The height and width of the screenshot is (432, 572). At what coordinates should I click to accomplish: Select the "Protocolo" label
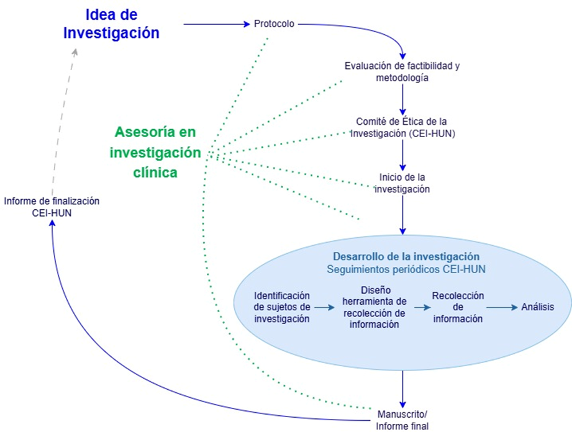(274, 24)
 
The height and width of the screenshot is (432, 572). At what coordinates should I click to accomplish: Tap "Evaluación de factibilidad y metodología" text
(402, 71)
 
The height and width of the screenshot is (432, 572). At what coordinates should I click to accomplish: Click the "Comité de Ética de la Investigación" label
(403, 127)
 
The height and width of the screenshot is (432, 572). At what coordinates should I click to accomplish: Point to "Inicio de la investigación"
(402, 183)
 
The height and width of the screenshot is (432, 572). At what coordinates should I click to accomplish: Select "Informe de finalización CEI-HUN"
(52, 207)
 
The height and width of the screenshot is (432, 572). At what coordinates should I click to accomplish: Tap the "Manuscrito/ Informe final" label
(402, 420)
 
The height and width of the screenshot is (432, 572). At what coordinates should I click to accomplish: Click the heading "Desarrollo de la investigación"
(406, 256)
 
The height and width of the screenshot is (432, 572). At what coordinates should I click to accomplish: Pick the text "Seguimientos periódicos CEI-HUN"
(406, 269)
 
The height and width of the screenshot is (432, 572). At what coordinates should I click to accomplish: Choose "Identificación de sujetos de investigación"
(282, 307)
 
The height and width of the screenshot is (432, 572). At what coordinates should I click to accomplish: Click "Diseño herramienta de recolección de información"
(374, 307)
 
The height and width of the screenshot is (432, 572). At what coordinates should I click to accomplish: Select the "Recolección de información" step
(458, 307)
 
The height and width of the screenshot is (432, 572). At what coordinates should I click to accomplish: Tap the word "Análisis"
(538, 307)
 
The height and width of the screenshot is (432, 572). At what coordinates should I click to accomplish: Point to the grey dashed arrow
(65, 118)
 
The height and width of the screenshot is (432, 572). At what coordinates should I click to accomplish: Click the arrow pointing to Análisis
(502, 307)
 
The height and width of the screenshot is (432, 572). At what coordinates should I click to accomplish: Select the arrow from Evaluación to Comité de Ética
(402, 98)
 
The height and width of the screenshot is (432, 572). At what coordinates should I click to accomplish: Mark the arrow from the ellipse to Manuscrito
(402, 388)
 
